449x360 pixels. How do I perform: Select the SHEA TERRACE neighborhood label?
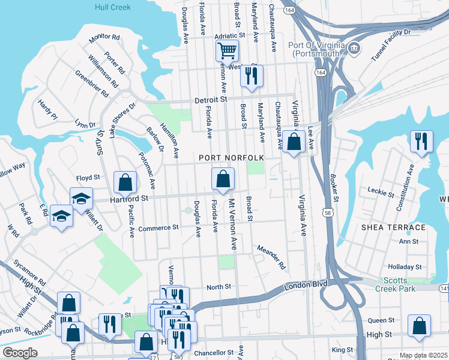(393, 227)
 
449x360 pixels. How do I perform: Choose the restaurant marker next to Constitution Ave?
(421, 141)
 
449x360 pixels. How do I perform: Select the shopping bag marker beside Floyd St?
(124, 181)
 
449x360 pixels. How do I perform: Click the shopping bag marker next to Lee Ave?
(294, 142)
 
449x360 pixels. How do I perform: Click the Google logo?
(20, 353)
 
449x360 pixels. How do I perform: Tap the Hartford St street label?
(128, 197)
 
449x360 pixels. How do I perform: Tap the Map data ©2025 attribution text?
(423, 355)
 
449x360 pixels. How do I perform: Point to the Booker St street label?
(335, 188)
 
